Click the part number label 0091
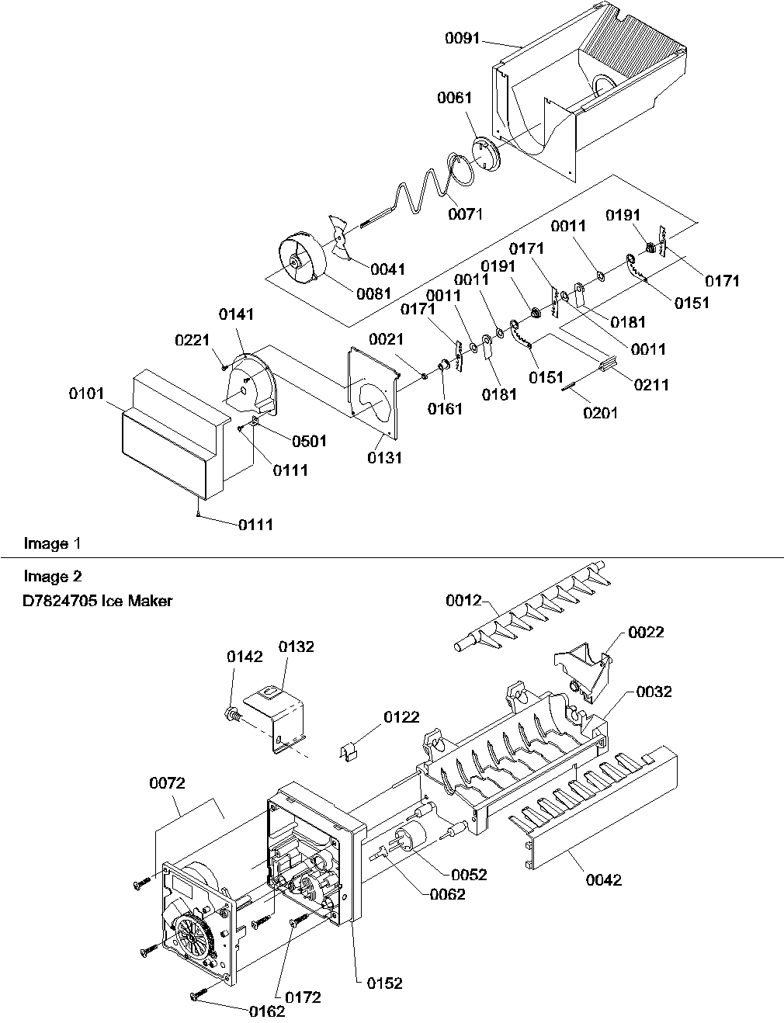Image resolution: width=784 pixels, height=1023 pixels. tap(463, 38)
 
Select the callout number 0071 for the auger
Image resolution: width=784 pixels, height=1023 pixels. tap(465, 214)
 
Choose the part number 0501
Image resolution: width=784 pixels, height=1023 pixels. tap(309, 441)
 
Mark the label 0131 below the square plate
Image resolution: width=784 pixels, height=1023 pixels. tap(385, 457)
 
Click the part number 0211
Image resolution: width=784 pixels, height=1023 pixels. tap(650, 383)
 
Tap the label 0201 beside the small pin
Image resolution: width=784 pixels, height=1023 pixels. tap(601, 412)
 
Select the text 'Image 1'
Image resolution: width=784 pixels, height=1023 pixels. tap(52, 543)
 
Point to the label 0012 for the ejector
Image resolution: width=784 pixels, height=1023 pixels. tap(464, 600)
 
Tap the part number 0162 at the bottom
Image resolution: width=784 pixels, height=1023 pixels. tap(267, 1011)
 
